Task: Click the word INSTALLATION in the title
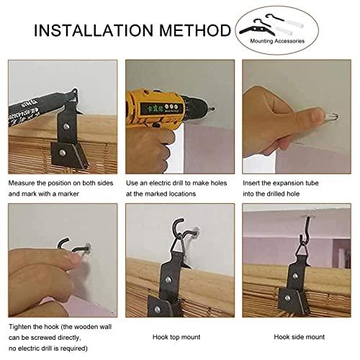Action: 94,30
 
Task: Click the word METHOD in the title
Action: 195,30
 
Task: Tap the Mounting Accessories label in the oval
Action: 277,41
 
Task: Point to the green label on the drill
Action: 160,107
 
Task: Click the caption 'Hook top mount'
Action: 176,337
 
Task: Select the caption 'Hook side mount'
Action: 299,337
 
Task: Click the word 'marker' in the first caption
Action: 68,194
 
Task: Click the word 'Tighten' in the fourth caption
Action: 20,327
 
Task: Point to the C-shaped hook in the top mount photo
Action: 178,228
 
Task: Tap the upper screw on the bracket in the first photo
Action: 66,126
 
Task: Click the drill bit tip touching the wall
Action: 212,109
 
